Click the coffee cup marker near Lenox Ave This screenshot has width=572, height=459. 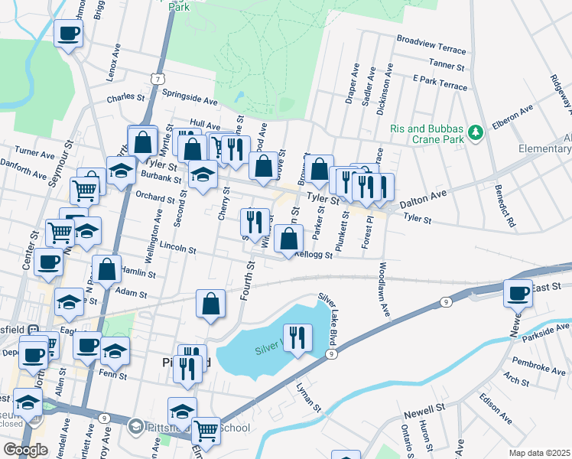(69, 34)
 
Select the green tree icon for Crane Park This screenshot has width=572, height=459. (476, 133)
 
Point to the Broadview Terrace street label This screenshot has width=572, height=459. (431, 44)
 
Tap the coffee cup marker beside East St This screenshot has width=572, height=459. (518, 293)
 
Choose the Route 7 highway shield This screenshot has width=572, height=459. (156, 79)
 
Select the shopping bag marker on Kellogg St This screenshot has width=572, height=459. (288, 239)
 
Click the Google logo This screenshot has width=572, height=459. (25, 449)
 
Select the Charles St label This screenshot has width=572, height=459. (125, 99)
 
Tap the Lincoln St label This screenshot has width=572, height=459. (178, 248)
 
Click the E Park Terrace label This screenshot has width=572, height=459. (439, 83)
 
